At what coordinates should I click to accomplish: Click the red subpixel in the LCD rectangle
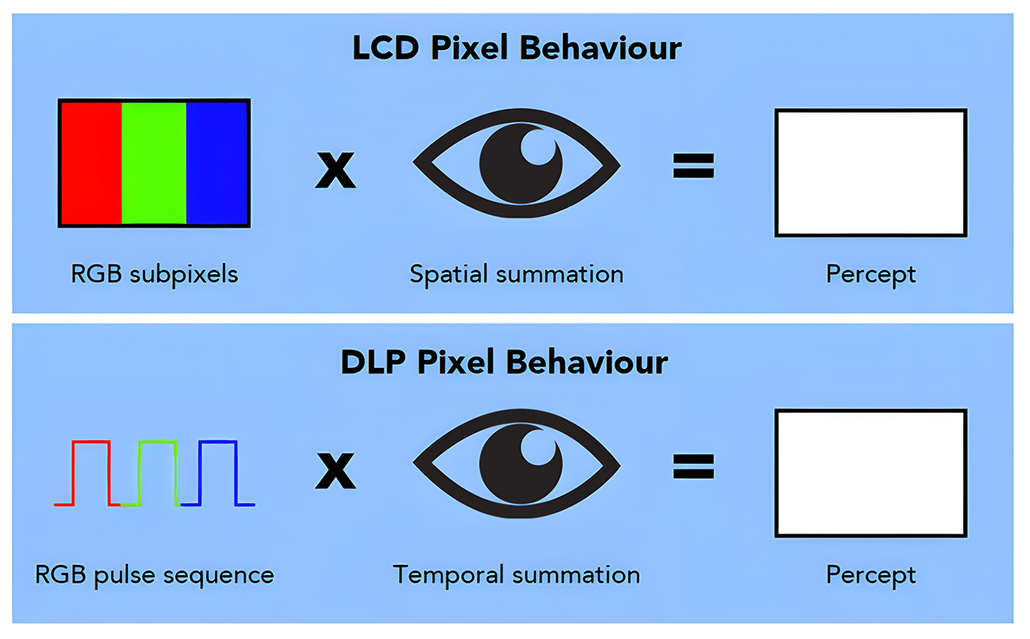pos(91,162)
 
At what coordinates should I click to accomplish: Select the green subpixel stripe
pos(154,162)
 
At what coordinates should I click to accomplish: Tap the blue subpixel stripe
pos(216,162)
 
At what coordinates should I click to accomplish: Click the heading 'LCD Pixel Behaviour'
pos(516,48)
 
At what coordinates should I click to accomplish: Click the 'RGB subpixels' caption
pos(154,274)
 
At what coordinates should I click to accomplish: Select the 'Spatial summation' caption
pos(516,274)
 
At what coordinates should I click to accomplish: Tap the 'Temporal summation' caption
pos(516,575)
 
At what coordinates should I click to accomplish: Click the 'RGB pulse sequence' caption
pos(154,575)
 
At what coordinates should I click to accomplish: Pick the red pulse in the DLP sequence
pos(91,442)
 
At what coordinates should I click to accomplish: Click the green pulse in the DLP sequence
pos(157,442)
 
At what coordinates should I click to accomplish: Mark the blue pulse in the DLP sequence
pos(217,442)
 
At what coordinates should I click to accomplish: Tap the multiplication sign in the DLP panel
pos(335,472)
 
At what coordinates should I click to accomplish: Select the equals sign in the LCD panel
pos(693,167)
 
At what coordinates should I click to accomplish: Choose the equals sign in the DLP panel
pos(693,467)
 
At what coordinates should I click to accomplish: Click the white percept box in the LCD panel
pos(870,173)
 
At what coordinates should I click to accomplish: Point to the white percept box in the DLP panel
pos(870,472)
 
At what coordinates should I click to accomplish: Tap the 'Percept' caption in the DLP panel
pos(871,575)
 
